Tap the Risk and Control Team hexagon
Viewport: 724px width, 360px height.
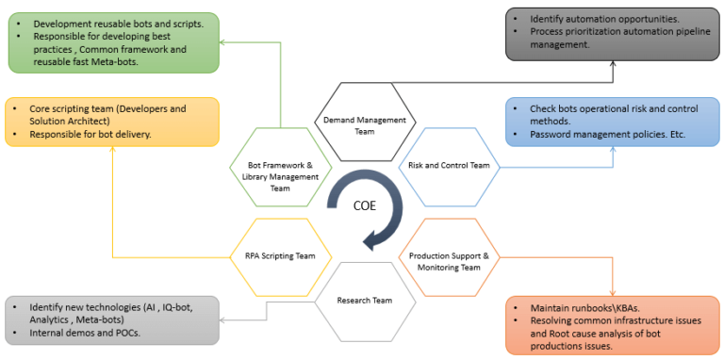pyautogui.click(x=449, y=166)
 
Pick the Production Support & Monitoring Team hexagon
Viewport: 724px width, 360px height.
pyautogui.click(x=448, y=261)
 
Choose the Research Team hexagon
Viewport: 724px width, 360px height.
pyautogui.click(x=364, y=302)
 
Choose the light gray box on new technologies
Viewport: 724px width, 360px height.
pyautogui.click(x=113, y=320)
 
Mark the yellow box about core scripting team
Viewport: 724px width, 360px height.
pyautogui.click(x=111, y=122)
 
